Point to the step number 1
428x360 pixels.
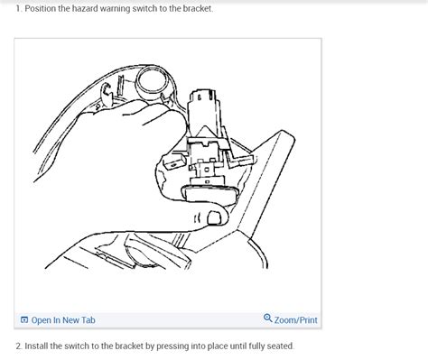pyautogui.click(x=5, y=8)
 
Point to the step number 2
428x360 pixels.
pyautogui.click(x=5, y=346)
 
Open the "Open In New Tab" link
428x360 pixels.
pyautogui.click(x=63, y=319)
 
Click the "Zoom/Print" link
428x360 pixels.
pyautogui.click(x=295, y=319)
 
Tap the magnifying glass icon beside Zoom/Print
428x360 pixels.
pyautogui.click(x=268, y=318)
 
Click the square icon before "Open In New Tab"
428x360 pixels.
pyautogui.click(x=24, y=319)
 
